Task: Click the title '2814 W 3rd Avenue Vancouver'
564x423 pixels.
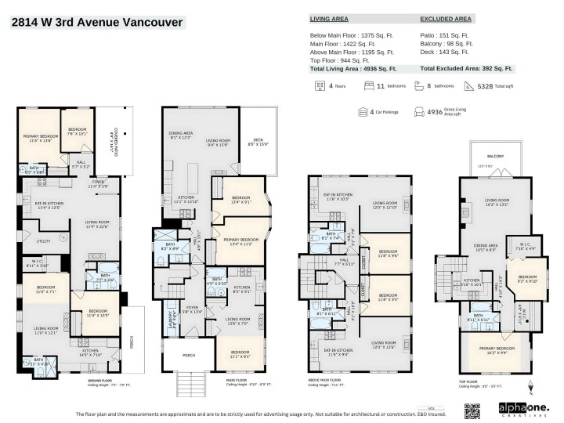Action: point(97,22)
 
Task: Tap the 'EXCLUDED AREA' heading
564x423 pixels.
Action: point(446,17)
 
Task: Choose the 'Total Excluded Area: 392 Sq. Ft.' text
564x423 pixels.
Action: point(466,69)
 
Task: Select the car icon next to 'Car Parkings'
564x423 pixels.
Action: point(363,112)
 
